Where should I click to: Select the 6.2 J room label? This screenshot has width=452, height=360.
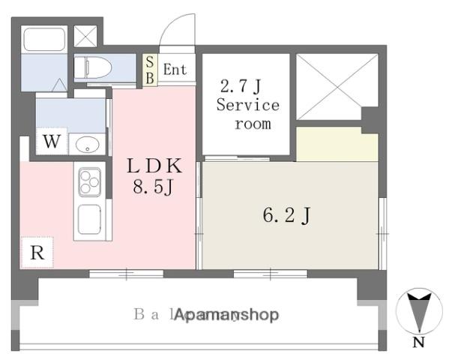[x=286, y=217]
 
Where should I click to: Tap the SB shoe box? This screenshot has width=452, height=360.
[x=150, y=70]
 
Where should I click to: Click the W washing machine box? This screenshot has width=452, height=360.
[x=51, y=141]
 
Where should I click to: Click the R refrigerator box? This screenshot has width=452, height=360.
[x=37, y=253]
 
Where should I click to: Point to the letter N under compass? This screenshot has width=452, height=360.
[x=418, y=344]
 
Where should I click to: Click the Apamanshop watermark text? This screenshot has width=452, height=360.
[x=227, y=316]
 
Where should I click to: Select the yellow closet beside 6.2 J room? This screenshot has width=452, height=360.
[x=337, y=144]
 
